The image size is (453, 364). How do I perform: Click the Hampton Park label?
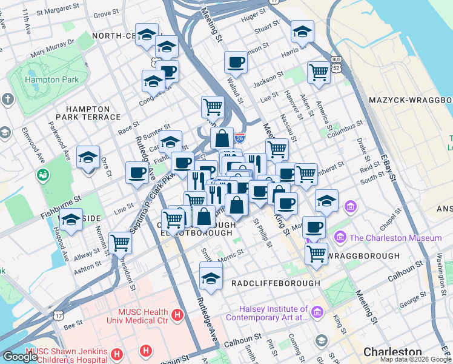[51, 79]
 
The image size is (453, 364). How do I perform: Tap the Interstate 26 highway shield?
[240, 138]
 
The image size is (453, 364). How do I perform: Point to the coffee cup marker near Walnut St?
[236, 62]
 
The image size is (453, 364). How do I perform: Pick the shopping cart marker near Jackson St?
[318, 72]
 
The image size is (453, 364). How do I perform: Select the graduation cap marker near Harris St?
[302, 32]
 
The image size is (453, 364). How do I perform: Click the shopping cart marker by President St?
[120, 243]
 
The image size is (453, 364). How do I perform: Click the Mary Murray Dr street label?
[52, 49]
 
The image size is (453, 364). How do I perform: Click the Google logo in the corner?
[20, 356]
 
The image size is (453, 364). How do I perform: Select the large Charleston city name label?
[392, 352]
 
